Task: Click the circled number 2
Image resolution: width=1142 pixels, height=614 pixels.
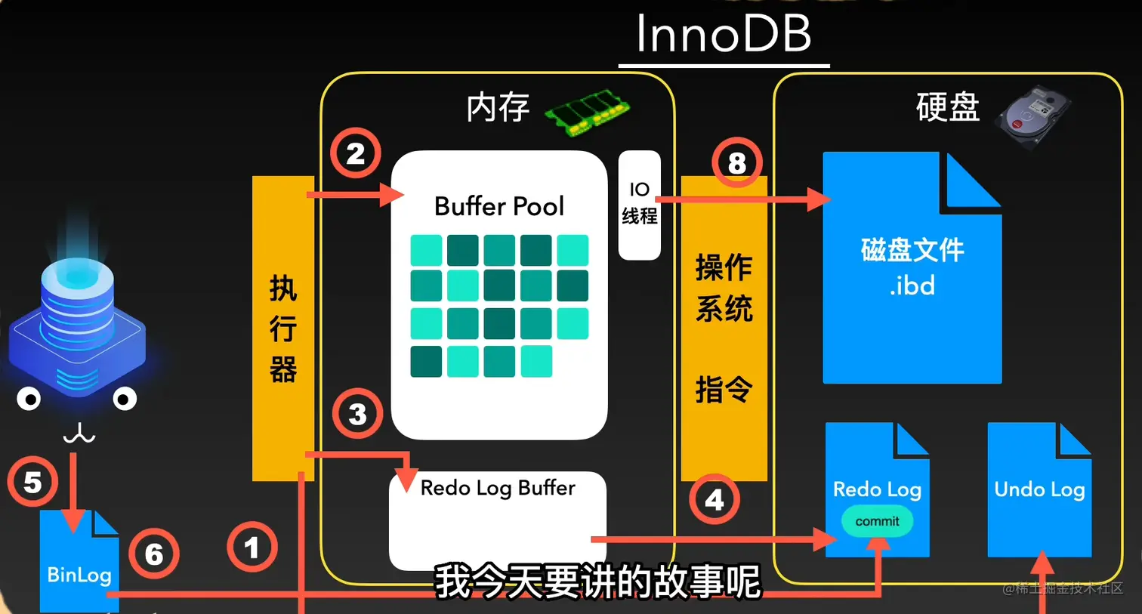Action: (x=355, y=153)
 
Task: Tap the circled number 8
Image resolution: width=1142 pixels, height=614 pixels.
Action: (x=736, y=162)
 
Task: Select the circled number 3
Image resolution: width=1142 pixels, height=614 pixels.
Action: (x=357, y=414)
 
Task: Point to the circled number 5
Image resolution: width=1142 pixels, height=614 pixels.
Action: (x=32, y=482)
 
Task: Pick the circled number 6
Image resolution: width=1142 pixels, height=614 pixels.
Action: (x=153, y=554)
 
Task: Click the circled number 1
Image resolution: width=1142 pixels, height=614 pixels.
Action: (x=252, y=547)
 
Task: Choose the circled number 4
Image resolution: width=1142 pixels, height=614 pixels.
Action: (x=714, y=499)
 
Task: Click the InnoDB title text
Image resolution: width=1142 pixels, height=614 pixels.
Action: (x=723, y=34)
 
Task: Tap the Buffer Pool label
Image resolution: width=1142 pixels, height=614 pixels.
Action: (x=498, y=206)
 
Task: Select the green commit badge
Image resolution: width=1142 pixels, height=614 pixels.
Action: (x=877, y=521)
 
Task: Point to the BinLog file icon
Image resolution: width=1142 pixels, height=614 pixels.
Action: (x=79, y=563)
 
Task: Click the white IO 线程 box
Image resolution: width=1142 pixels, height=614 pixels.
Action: (x=639, y=205)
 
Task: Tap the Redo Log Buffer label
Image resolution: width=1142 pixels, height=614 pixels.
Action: (x=497, y=488)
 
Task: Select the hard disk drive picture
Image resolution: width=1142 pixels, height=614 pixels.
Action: (x=1032, y=116)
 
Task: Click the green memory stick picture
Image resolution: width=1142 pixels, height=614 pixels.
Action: (x=587, y=111)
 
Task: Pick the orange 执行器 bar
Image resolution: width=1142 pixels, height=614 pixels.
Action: (x=282, y=328)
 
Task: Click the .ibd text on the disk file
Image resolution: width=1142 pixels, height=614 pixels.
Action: (x=912, y=286)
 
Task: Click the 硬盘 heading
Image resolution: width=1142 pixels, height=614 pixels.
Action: (x=947, y=107)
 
